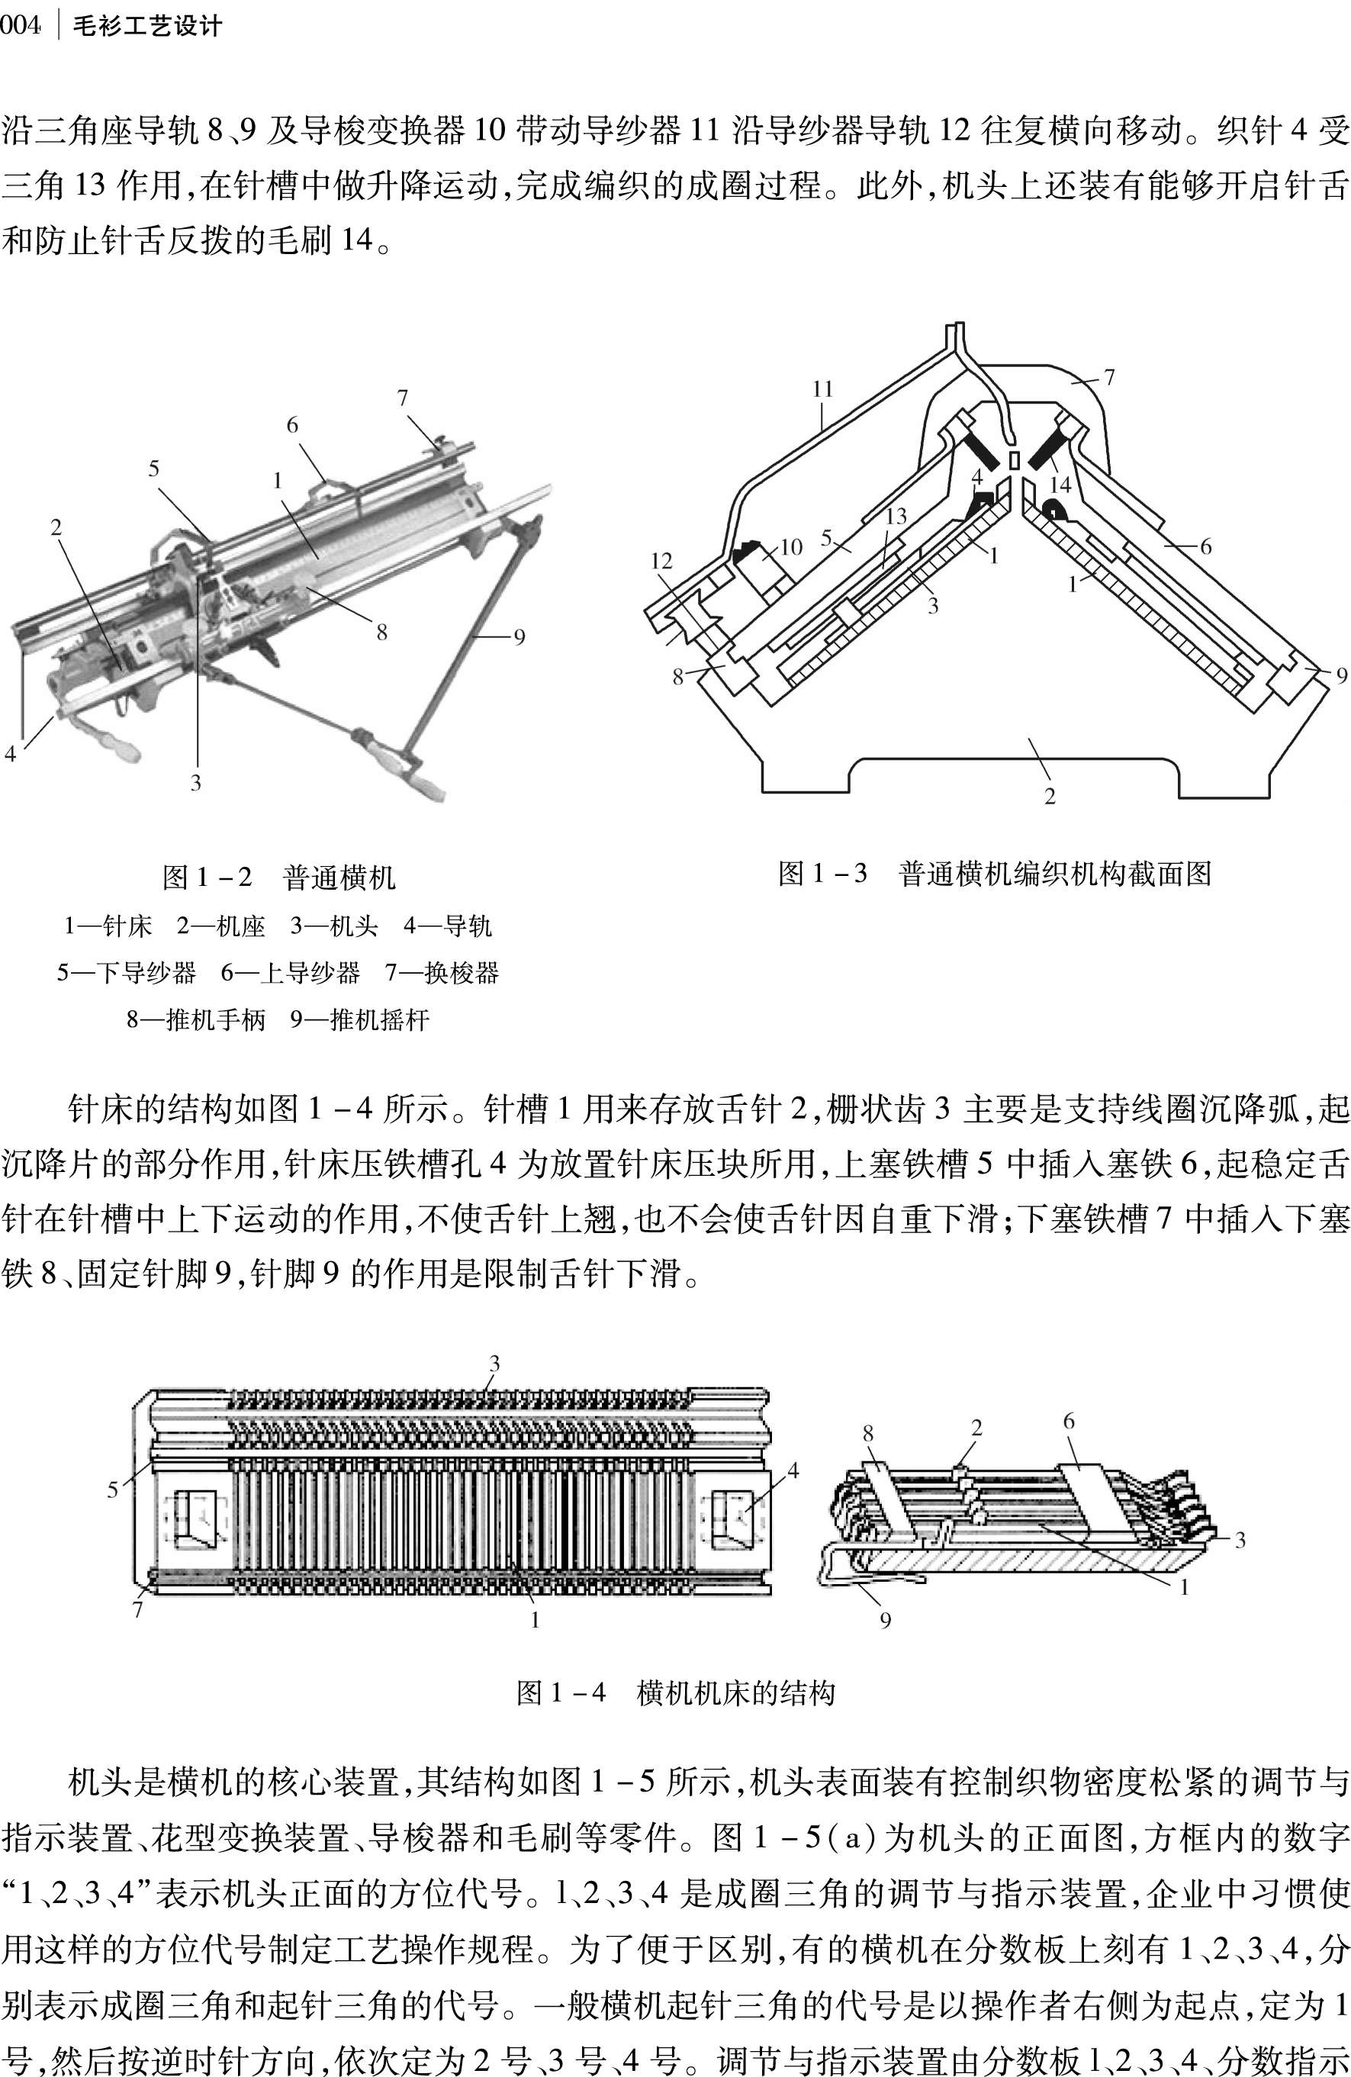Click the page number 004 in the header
[x=20, y=26]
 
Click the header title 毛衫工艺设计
[x=146, y=26]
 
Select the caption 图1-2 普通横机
[x=278, y=877]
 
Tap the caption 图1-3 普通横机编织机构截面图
[x=994, y=873]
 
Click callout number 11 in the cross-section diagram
[x=822, y=389]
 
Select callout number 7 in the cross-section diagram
[x=1108, y=378]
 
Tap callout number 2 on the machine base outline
[x=1049, y=796]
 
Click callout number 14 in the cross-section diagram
[x=1060, y=485]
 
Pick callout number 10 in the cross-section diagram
[x=791, y=547]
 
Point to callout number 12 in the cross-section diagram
[x=661, y=561]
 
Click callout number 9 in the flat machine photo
[x=519, y=637]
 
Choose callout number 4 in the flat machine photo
[x=11, y=753]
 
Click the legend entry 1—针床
[x=108, y=926]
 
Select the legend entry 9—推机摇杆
[x=359, y=1019]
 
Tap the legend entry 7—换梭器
[x=442, y=972]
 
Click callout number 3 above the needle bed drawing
[x=494, y=1363]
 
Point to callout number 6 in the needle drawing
[x=1068, y=1422]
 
